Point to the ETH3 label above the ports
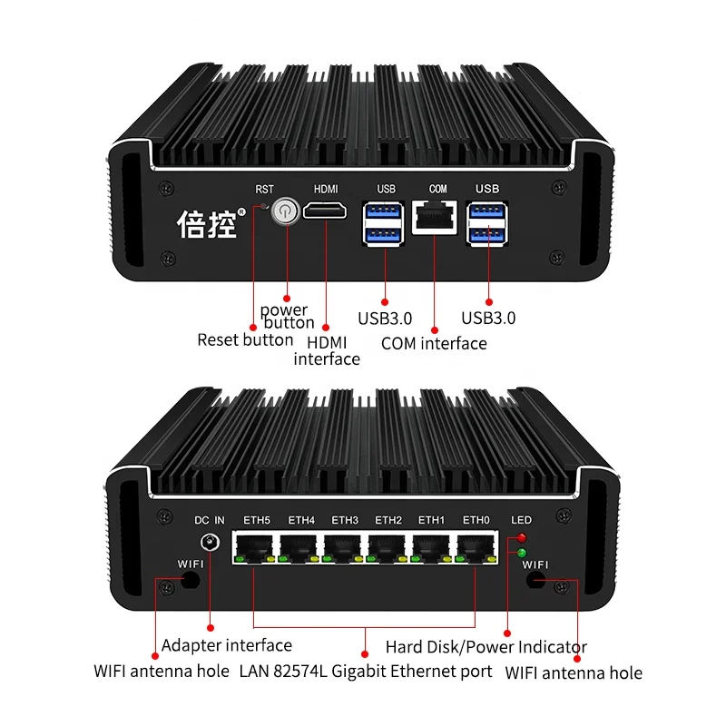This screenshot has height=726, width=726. tap(345, 520)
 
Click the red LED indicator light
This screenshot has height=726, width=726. tap(522, 539)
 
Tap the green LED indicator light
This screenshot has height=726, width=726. tap(522, 553)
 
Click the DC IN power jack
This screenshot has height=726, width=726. tap(211, 544)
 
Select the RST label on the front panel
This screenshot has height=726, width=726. tap(264, 190)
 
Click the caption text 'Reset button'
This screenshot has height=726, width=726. tap(245, 340)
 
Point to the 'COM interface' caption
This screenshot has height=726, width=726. tap(434, 343)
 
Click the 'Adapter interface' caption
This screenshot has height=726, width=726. tap(227, 646)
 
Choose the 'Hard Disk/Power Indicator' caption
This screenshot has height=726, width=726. tap(486, 647)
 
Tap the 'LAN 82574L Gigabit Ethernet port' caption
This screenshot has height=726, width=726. tap(366, 672)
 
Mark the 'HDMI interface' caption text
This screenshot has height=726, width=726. tap(327, 349)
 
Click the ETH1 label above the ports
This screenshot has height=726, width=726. tap(431, 520)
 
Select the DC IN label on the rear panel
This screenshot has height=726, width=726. tap(210, 520)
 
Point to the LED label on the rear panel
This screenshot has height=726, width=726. tap(522, 520)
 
